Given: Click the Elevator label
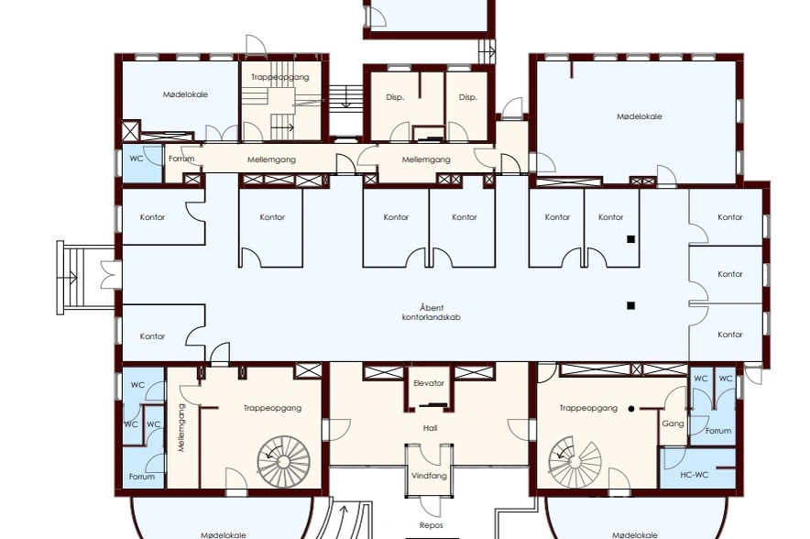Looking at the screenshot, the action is click(x=429, y=383).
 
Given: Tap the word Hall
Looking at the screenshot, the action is click(x=430, y=428).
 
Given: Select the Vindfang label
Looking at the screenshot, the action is click(x=429, y=476).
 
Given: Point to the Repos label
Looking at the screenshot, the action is click(x=432, y=525).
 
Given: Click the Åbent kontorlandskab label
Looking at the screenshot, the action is click(x=432, y=313).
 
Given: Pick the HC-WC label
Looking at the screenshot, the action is click(x=695, y=475).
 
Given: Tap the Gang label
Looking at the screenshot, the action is click(x=673, y=423).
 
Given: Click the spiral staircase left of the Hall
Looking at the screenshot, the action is click(x=284, y=461).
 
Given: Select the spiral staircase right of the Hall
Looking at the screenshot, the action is click(x=575, y=461).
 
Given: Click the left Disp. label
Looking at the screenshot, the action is click(x=395, y=97).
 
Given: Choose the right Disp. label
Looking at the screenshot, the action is click(x=468, y=97).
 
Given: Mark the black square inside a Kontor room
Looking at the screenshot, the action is click(x=630, y=239).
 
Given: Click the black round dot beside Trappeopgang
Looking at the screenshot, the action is click(x=630, y=409).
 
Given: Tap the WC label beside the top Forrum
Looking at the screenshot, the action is click(x=137, y=159).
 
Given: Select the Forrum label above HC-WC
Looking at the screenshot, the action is click(x=718, y=431).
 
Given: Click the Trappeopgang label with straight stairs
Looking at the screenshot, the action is click(x=280, y=77).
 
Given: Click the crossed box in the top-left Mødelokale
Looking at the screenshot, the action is click(x=131, y=131).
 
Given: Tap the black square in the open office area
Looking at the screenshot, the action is click(x=630, y=306).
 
